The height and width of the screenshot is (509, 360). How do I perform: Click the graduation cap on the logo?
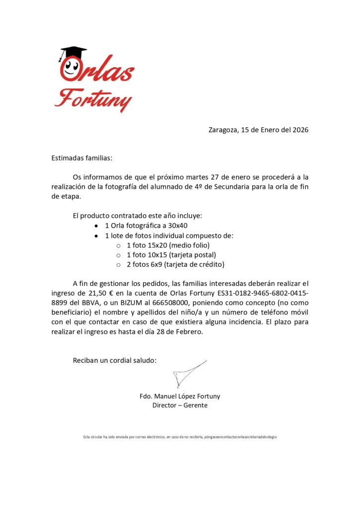tap(73, 52)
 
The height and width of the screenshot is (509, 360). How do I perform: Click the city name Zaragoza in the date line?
tap(223, 130)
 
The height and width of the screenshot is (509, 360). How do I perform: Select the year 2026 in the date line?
tap(300, 130)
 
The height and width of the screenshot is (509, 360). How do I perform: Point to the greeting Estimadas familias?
tap(82, 158)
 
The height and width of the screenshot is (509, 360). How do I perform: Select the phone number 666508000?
tap(170, 303)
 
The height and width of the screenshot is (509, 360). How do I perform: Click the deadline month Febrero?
tap(188, 332)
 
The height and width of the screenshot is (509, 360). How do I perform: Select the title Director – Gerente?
tap(180, 405)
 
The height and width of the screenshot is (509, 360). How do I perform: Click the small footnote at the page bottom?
tap(180, 437)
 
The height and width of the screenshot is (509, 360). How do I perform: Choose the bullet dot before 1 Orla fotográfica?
tap(96, 226)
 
